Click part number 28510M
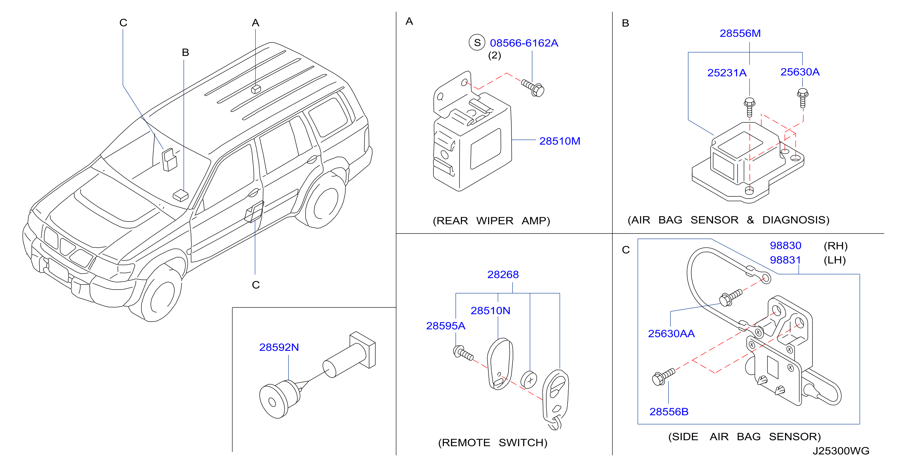559,141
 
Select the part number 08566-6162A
524,43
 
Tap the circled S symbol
477,43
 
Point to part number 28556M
740,33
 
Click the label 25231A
727,73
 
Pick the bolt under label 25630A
802,98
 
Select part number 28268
503,274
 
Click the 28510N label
490,311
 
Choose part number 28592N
279,347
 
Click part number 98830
785,245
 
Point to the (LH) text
834,260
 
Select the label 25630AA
671,334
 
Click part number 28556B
669,412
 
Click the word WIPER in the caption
495,221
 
